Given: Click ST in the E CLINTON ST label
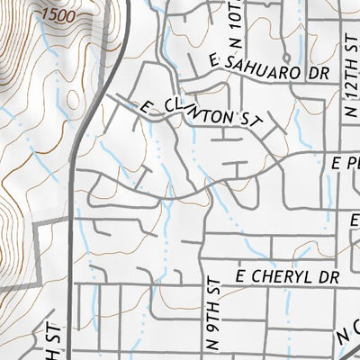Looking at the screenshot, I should (247, 117).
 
